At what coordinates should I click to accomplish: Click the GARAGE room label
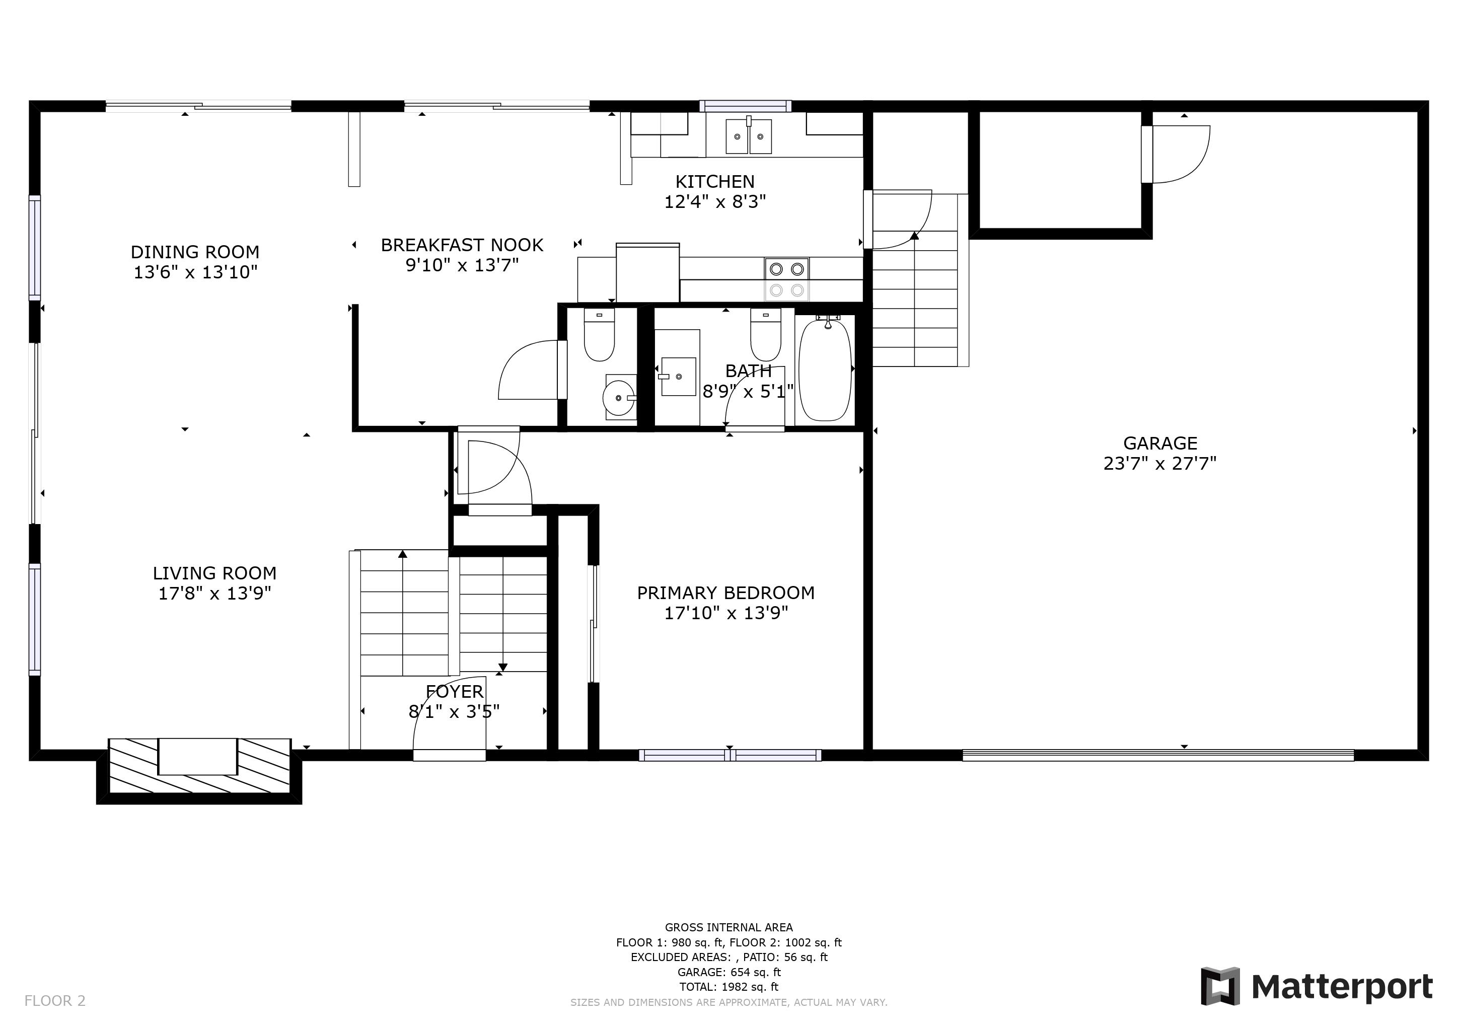pos(1159,443)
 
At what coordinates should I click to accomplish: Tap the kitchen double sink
pos(749,136)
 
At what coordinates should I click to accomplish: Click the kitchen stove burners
pos(787,279)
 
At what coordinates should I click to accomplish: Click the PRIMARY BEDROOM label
pos(726,593)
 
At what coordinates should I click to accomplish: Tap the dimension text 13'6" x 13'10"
pos(195,272)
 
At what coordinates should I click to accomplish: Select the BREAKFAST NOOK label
pos(462,245)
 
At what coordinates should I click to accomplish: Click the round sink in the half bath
pos(620,397)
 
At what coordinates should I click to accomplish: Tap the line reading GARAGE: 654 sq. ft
pos(729,972)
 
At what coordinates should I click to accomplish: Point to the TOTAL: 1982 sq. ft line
pos(729,987)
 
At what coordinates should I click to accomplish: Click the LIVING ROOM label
pos(214,573)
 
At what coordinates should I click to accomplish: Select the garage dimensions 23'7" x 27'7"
pos(1159,464)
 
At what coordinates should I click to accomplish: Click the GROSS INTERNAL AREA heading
pos(729,927)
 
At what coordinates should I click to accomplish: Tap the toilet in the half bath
pos(599,335)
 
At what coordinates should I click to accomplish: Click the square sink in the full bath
pos(678,376)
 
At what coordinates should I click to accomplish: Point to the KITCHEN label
pos(715,182)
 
